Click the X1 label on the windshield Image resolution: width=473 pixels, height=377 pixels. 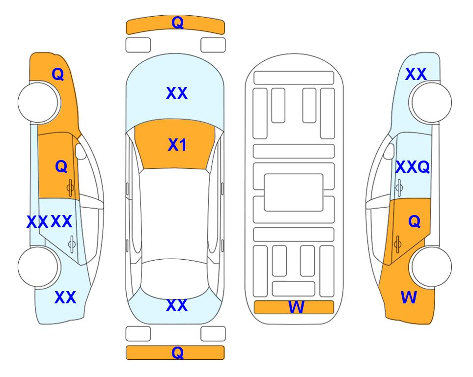(x=177, y=145)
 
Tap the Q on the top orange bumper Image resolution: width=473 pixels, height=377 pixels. (x=177, y=22)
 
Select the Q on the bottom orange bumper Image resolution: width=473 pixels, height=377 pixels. (x=177, y=352)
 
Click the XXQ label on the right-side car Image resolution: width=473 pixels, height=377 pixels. (x=413, y=167)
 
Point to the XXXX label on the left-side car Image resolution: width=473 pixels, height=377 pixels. (x=50, y=222)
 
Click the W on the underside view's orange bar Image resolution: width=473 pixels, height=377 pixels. (x=296, y=307)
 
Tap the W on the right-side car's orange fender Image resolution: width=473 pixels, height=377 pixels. (x=409, y=297)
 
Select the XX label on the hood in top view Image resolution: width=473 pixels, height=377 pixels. (x=177, y=93)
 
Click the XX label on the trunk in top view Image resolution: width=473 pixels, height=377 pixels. (x=177, y=305)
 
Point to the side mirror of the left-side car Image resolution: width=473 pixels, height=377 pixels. (x=80, y=151)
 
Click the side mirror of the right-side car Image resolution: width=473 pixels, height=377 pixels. (x=389, y=151)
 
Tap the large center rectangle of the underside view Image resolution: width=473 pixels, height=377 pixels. (x=294, y=192)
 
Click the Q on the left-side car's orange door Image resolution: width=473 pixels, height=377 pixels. (x=61, y=166)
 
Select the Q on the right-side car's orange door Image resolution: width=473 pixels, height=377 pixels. (x=415, y=222)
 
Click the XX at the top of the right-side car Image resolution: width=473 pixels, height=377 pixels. (x=416, y=74)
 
